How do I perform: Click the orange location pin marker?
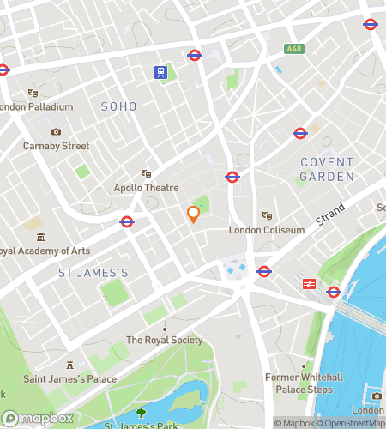(193, 214)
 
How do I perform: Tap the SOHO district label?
(118, 106)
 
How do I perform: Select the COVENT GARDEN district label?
(327, 168)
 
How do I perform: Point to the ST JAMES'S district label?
(93, 273)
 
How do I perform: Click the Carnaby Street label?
(56, 146)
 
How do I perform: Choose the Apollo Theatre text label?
(146, 188)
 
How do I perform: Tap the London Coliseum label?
(266, 230)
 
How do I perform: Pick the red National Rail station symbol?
(307, 283)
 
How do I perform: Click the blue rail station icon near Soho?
(160, 72)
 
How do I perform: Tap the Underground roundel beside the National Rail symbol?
(334, 292)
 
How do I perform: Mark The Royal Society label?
(165, 340)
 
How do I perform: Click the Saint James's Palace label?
(69, 378)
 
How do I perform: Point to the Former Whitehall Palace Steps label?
(303, 384)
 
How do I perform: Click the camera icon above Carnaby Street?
(56, 131)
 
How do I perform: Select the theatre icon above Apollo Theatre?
(146, 173)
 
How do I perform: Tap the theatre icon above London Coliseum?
(266, 215)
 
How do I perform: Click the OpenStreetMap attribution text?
(353, 422)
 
